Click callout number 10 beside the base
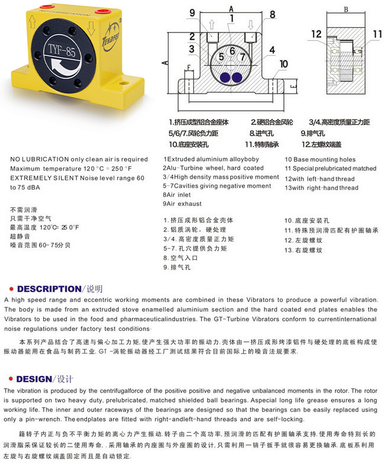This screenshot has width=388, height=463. tap(283, 63)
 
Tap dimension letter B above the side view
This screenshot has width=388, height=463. tap(345, 9)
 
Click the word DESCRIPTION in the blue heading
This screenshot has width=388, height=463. tap(49, 289)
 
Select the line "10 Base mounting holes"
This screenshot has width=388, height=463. tap(320, 159)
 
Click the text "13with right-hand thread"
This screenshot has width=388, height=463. tap(321, 188)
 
